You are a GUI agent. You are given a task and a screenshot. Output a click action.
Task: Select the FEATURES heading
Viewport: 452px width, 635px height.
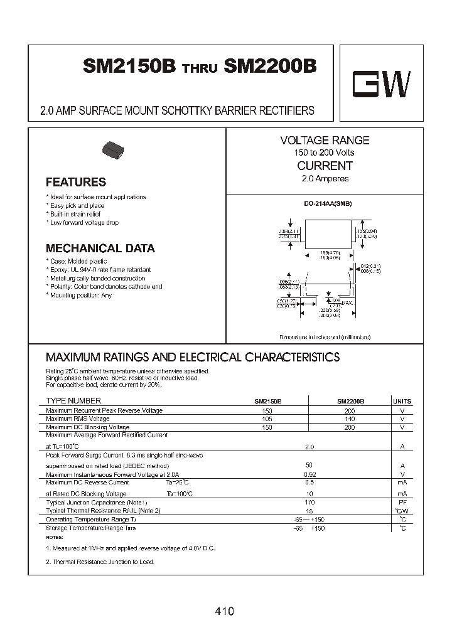(76, 183)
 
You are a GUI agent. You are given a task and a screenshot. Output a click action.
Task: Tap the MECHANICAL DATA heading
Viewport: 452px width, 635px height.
(100, 248)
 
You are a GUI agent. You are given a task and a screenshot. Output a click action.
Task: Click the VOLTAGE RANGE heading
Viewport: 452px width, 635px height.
(325, 141)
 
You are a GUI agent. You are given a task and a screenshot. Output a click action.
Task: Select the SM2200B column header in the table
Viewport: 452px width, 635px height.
(350, 401)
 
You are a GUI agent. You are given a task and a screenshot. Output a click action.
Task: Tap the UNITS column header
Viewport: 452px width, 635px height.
(402, 401)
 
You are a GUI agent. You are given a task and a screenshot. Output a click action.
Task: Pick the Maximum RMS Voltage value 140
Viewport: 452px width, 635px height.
(350, 419)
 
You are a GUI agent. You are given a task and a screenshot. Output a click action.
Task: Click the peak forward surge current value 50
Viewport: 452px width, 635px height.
(309, 465)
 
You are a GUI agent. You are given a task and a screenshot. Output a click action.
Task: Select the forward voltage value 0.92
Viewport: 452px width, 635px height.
(309, 474)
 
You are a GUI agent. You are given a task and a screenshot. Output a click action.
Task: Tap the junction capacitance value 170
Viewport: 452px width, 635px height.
(309, 503)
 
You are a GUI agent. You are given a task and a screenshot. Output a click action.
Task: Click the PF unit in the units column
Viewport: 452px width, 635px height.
(402, 503)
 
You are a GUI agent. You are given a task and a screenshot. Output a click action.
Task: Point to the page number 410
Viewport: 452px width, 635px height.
(224, 611)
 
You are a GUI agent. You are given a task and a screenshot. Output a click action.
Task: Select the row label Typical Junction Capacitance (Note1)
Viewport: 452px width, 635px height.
(96, 503)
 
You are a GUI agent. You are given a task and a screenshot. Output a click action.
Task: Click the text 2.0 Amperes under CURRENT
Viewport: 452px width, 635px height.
(325, 179)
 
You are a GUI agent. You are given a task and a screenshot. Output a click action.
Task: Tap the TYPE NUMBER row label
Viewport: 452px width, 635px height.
(73, 401)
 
